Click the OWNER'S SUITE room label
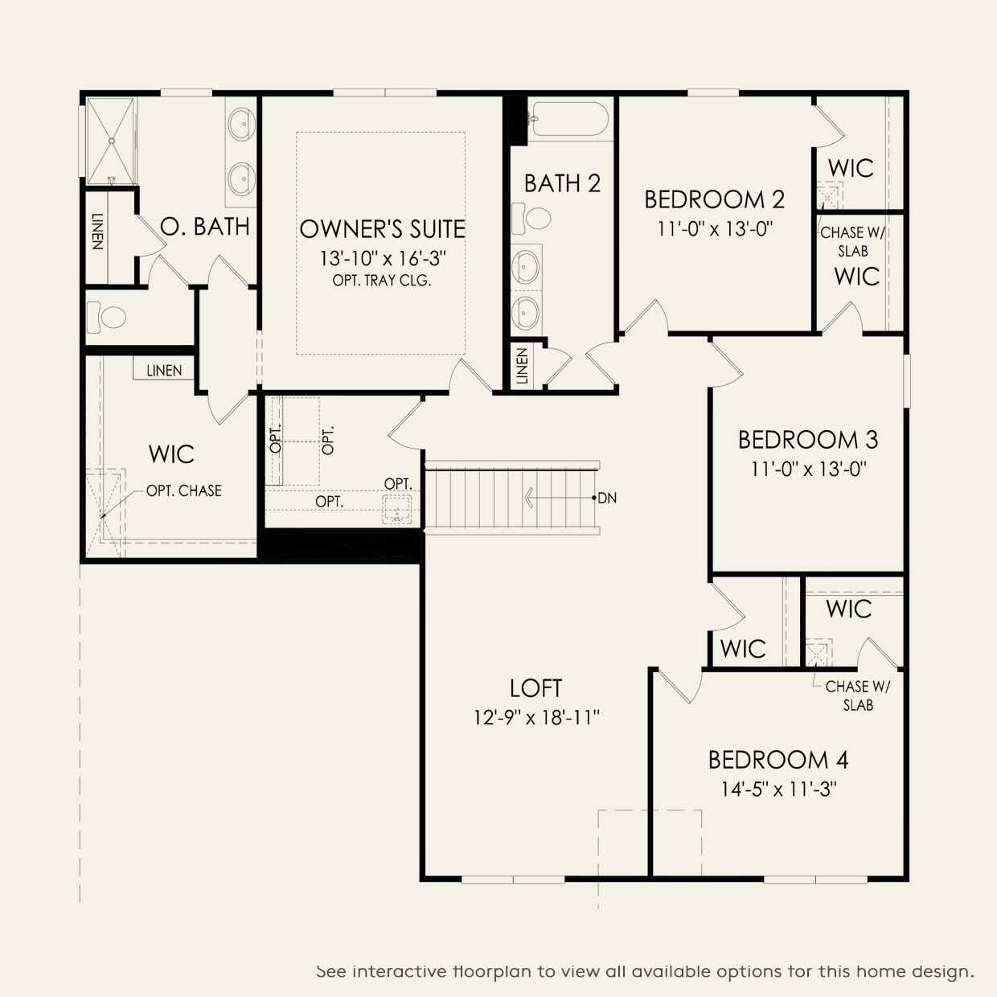(x=383, y=228)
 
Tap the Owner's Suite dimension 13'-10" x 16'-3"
(x=383, y=258)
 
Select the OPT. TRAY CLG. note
(x=382, y=281)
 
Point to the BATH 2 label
(x=562, y=183)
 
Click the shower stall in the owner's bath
(x=111, y=141)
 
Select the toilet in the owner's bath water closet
(x=107, y=317)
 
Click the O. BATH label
(x=205, y=227)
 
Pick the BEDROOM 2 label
(x=715, y=199)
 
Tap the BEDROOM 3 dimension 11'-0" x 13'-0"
(x=809, y=470)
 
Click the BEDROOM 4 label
(x=778, y=760)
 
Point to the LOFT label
(x=535, y=688)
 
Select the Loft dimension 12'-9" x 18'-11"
(x=536, y=718)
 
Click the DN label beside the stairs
(x=607, y=498)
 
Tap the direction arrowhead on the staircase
(x=529, y=498)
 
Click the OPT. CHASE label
(x=183, y=490)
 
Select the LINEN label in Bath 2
(x=522, y=366)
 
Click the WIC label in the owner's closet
(x=171, y=454)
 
